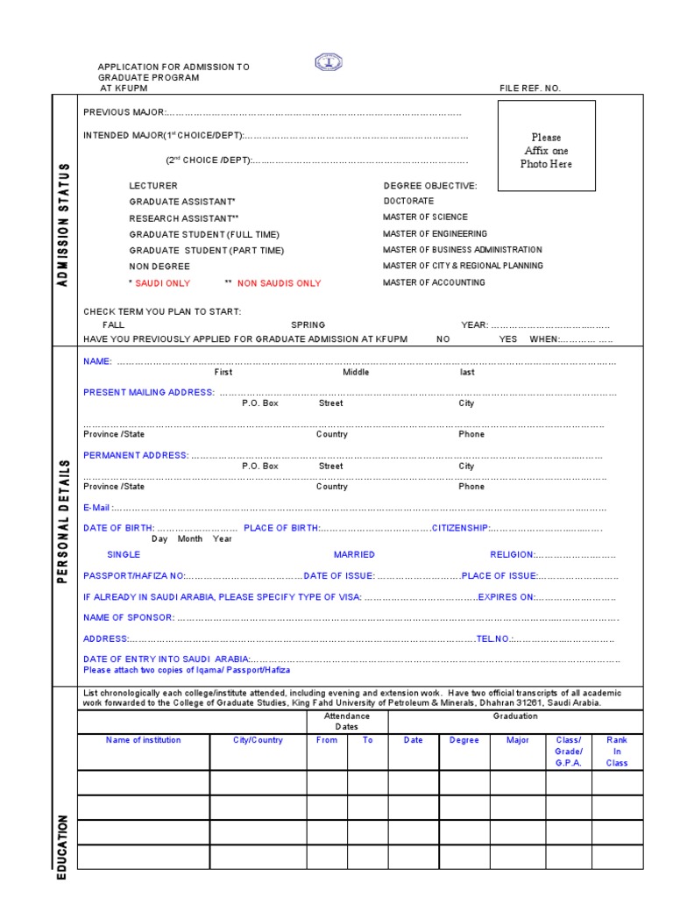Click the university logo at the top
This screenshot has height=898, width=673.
(x=329, y=62)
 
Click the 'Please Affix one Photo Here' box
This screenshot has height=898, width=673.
(x=546, y=146)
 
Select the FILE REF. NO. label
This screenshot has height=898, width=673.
(x=530, y=89)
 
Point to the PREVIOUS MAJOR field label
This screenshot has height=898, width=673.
(x=124, y=112)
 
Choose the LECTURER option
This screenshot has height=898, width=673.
(x=153, y=186)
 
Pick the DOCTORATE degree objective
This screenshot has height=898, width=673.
(x=408, y=202)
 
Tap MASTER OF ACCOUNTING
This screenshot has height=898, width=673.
(x=434, y=282)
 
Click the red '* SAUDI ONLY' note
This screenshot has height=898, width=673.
(x=159, y=283)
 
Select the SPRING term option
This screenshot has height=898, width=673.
(x=308, y=324)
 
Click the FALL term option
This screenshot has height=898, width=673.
(x=114, y=324)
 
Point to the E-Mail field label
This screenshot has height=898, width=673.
(x=97, y=507)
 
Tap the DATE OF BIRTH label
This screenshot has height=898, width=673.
(x=118, y=528)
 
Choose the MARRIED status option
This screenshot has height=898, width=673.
(x=354, y=554)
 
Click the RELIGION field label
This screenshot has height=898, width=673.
(x=512, y=554)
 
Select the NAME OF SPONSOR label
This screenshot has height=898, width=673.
(x=128, y=617)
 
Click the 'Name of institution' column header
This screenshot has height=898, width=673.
(x=144, y=740)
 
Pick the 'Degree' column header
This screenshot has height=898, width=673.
(x=464, y=740)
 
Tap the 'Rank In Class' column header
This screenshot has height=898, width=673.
(x=617, y=752)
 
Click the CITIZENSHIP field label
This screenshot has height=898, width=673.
(x=461, y=528)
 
